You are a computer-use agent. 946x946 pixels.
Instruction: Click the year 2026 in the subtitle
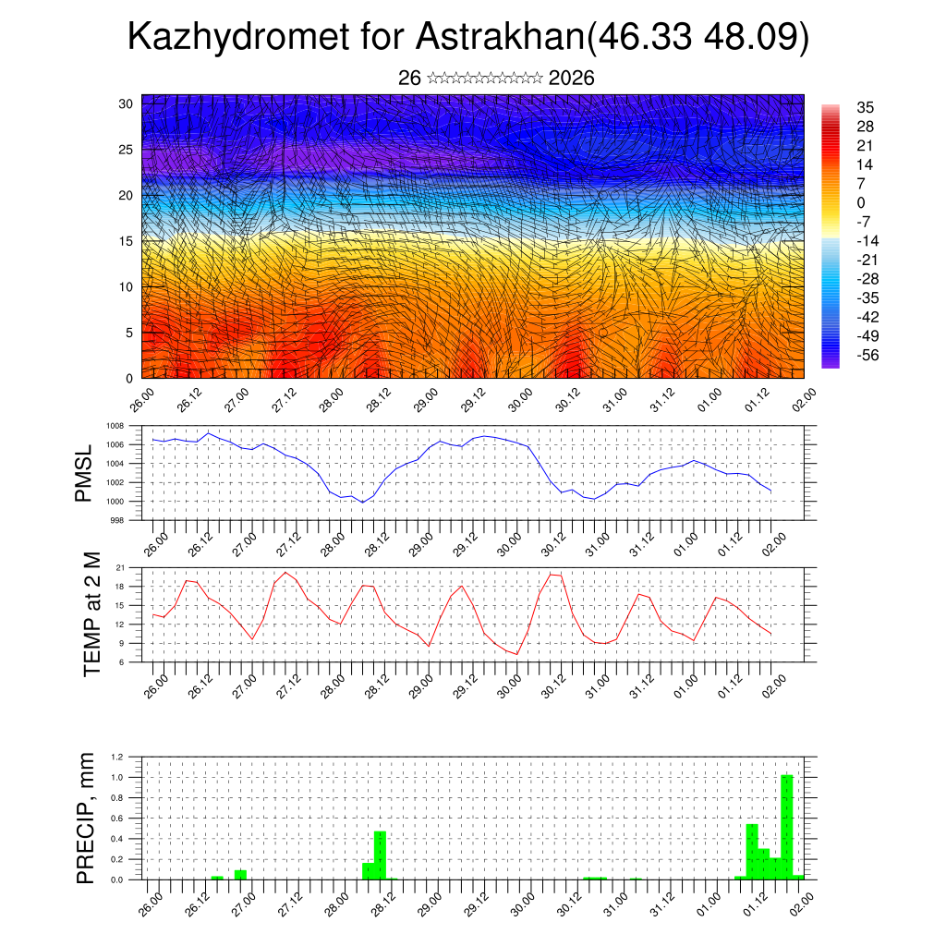571,79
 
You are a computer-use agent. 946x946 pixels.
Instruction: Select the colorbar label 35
866,108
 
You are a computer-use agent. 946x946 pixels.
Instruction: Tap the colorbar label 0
861,202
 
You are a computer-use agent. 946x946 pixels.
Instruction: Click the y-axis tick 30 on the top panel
125,103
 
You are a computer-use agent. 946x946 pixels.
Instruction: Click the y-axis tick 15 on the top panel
125,241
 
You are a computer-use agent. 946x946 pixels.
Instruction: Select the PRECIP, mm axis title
86,817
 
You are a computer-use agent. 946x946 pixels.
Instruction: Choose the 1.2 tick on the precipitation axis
117,757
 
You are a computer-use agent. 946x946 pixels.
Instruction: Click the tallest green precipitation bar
786,827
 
